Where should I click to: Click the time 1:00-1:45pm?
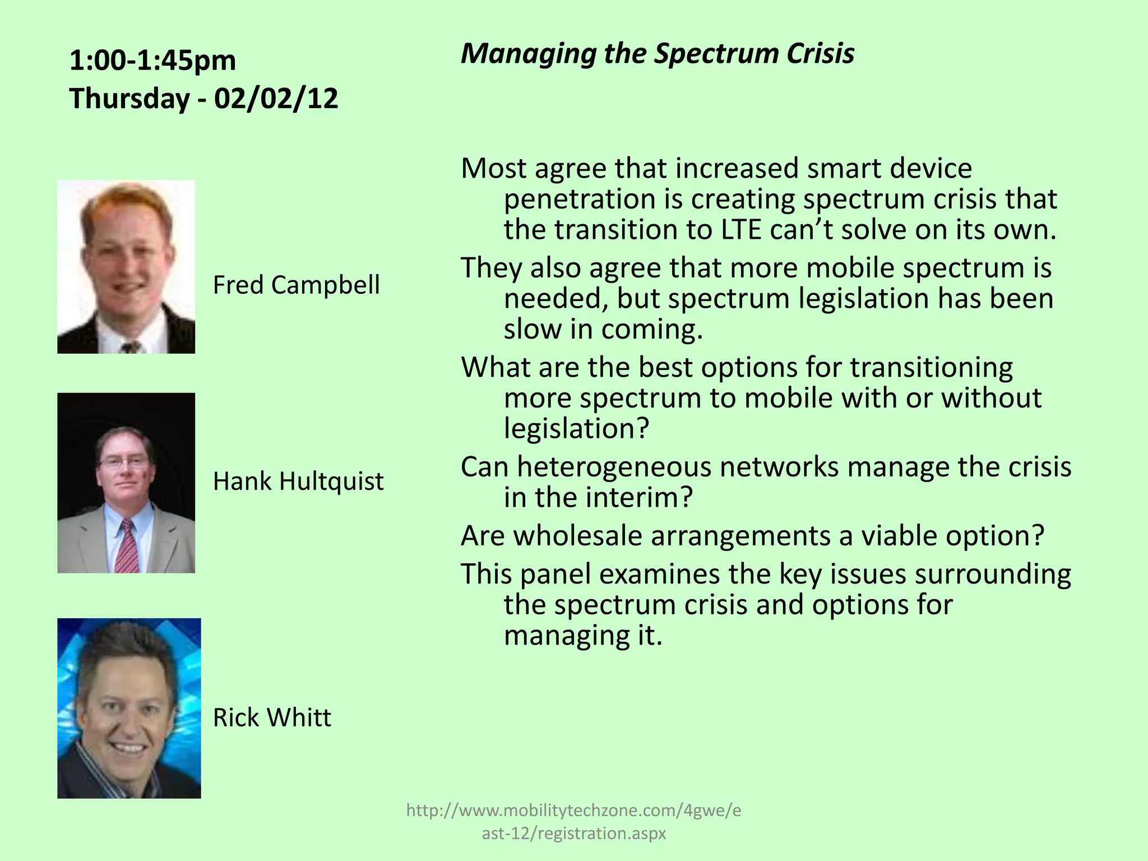point(152,60)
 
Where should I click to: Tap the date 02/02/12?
point(276,99)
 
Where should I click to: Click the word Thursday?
point(129,99)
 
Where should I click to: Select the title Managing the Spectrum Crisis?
point(657,54)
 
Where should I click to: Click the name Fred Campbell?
point(296,285)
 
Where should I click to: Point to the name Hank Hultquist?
point(298,481)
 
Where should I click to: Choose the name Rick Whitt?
point(272,717)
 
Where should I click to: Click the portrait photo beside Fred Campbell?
point(126,267)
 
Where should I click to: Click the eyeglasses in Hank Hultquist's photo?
point(123,463)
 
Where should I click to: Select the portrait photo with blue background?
point(129,708)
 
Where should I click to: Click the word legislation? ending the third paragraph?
point(576,429)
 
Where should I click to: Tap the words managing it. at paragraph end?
point(583,636)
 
